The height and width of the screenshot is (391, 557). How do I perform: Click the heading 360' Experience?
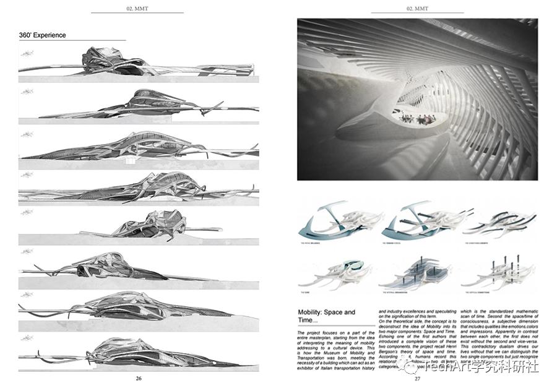(x=42, y=35)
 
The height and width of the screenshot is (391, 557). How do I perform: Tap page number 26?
(x=139, y=378)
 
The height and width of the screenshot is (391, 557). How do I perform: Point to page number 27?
(x=418, y=378)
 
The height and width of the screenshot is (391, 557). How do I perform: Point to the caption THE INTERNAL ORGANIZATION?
(x=402, y=291)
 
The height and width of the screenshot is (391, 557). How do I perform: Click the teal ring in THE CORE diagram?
(x=334, y=269)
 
